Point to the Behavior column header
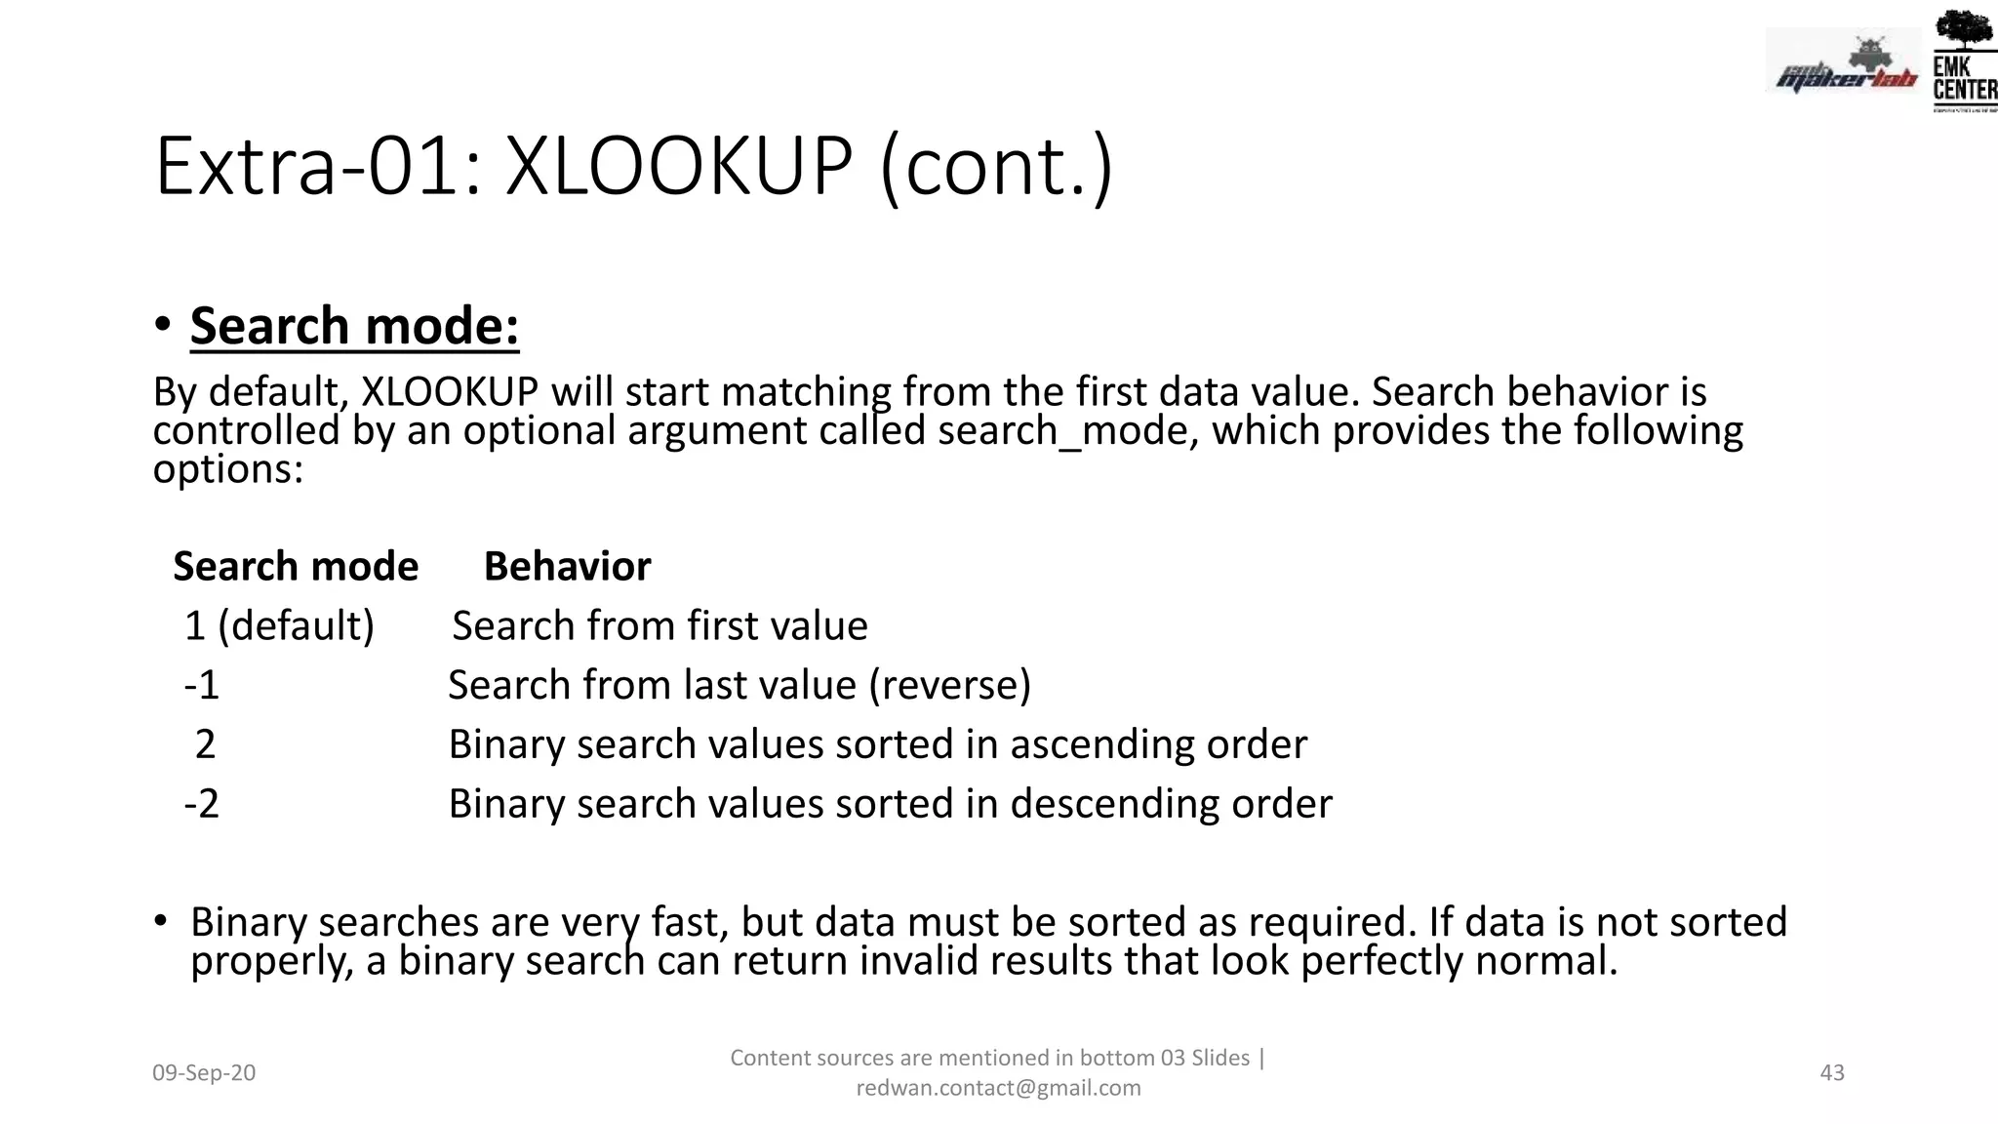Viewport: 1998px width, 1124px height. (x=567, y=567)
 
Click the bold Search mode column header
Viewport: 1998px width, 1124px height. (x=296, y=567)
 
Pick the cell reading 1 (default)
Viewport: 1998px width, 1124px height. (x=279, y=625)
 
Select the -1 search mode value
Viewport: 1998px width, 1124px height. (x=202, y=685)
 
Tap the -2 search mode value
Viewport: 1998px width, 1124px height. (x=202, y=804)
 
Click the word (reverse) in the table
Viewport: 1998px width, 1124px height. (x=949, y=685)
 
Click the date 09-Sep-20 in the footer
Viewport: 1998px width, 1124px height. (x=204, y=1072)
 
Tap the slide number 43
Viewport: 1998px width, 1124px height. (x=1832, y=1072)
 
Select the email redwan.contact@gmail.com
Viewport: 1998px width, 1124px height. (x=998, y=1088)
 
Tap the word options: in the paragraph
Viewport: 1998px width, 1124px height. (x=228, y=469)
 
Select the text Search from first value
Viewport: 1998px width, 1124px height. (x=659, y=625)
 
